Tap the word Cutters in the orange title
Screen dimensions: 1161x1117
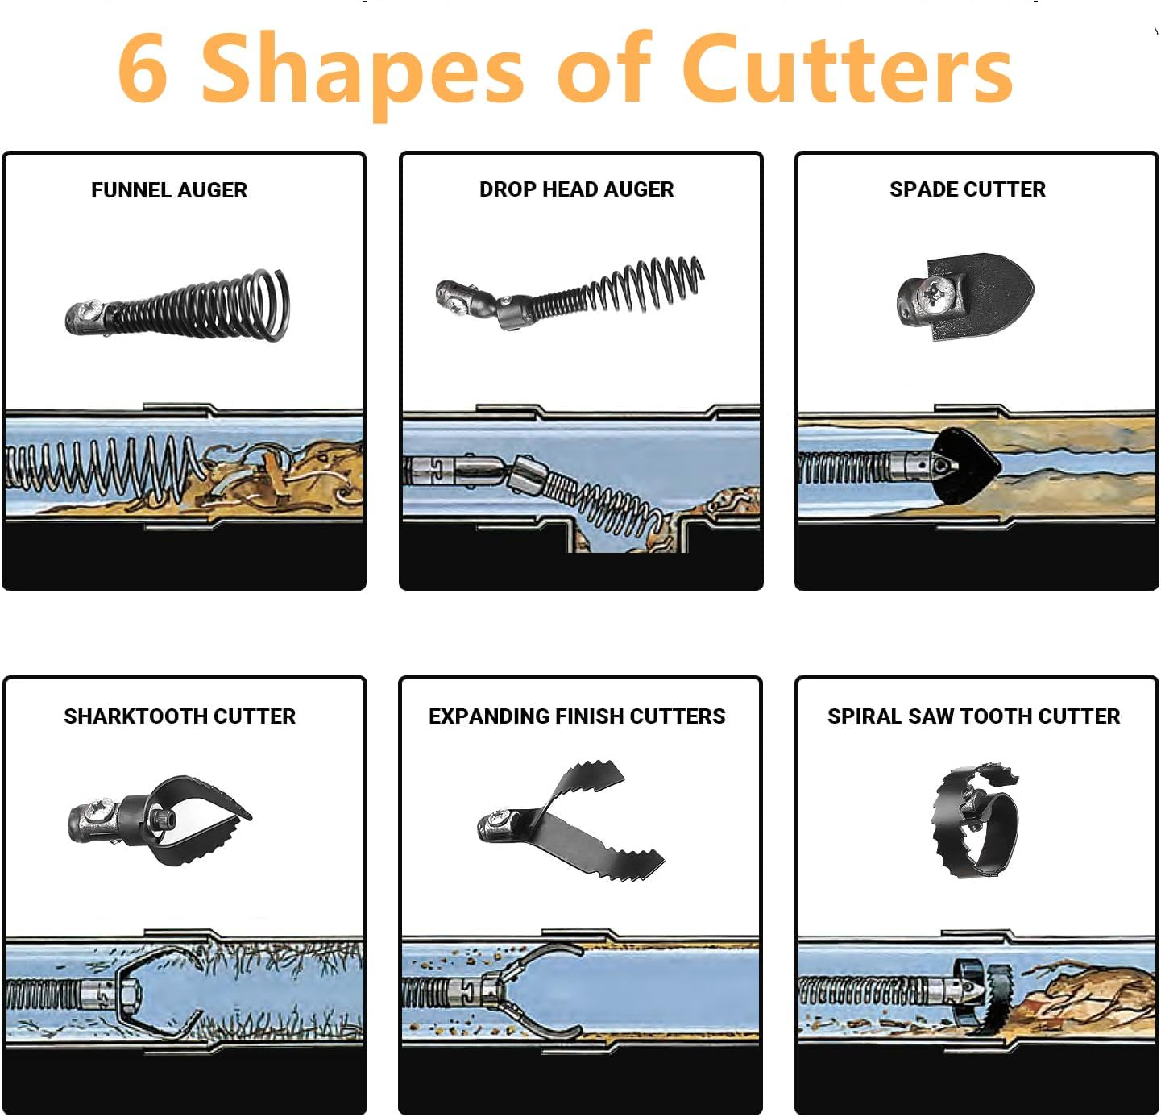[847, 67]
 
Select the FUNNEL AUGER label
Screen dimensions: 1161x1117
[169, 189]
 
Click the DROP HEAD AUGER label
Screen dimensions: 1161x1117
[576, 189]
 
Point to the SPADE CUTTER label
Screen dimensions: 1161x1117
[967, 189]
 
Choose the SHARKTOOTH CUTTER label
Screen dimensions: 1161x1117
[180, 716]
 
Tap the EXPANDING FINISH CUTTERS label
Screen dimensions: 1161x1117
[577, 716]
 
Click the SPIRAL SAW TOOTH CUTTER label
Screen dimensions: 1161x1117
[973, 716]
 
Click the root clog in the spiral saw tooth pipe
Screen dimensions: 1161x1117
[1086, 999]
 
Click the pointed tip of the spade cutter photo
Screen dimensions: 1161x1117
[1034, 291]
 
